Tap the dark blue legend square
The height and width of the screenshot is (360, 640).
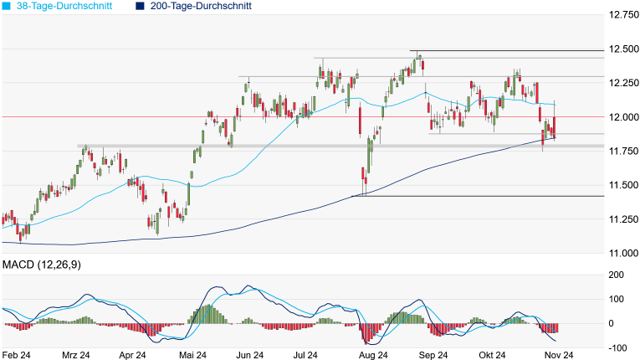(141, 6)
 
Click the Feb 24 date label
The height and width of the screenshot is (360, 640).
(17, 355)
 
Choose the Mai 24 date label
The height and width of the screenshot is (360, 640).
(193, 355)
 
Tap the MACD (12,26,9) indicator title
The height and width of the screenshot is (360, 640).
(41, 265)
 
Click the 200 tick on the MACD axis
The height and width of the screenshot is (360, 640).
(616, 275)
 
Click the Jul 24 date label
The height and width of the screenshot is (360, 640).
(305, 355)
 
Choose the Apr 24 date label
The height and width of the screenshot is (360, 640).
(132, 355)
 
